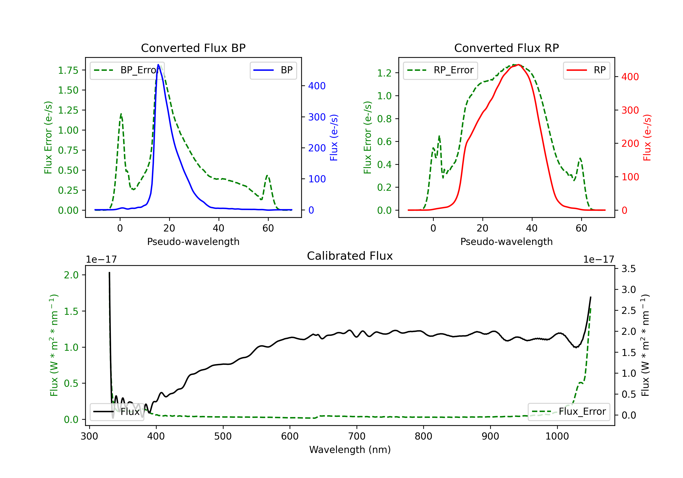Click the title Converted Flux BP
(193, 48)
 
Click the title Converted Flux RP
(506, 48)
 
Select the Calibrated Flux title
(350, 256)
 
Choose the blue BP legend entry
(273, 70)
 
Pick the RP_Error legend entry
(440, 70)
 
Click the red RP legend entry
(586, 70)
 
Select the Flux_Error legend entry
(569, 412)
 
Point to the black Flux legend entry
(117, 412)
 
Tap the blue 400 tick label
(317, 86)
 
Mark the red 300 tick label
(630, 110)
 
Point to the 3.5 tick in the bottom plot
(629, 269)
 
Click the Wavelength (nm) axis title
(350, 450)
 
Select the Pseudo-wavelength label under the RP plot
(506, 242)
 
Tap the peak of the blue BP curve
(158, 65)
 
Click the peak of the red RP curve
(518, 65)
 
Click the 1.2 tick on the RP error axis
(384, 73)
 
